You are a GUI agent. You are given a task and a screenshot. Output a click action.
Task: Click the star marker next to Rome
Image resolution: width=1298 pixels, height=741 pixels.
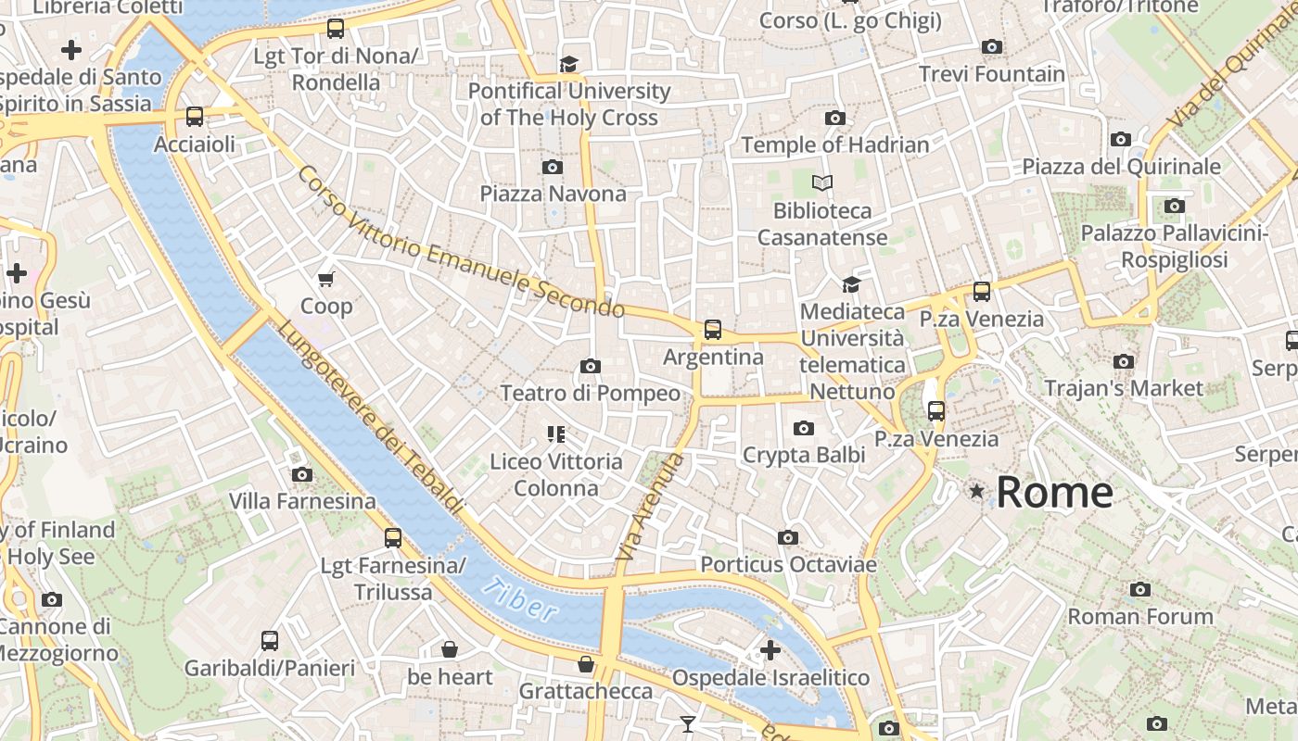tap(976, 491)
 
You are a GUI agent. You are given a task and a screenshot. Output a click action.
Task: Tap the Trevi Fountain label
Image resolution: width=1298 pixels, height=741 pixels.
tap(991, 74)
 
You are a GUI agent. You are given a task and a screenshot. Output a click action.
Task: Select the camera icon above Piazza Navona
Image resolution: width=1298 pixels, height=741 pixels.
tap(553, 167)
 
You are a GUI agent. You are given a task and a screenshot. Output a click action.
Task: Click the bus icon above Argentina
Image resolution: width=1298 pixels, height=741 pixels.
tap(712, 329)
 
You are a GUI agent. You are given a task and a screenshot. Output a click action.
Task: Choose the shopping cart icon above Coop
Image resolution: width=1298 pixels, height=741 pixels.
tap(325, 279)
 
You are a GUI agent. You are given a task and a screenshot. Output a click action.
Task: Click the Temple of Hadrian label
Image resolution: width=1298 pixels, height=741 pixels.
tap(834, 144)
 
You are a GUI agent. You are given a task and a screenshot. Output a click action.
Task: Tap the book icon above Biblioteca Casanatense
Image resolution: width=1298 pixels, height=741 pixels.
tap(822, 182)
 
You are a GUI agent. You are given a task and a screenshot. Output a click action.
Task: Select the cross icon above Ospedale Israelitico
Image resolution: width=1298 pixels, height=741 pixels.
tap(770, 649)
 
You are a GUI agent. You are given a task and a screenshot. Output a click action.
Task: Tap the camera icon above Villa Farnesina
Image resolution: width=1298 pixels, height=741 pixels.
tap(301, 474)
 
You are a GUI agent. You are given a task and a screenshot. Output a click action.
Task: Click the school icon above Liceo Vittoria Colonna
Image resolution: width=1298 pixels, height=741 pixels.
tap(556, 433)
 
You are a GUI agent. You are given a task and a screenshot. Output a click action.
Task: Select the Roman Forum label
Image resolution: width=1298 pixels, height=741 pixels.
tap(1139, 616)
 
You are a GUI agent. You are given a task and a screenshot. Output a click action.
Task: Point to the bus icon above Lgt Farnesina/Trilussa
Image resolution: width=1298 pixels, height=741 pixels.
tap(393, 537)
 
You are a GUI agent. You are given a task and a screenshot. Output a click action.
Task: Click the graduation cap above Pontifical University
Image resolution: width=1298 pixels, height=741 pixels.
tap(568, 63)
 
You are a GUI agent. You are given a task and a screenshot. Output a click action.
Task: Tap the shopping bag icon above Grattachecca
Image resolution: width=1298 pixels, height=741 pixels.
tap(585, 664)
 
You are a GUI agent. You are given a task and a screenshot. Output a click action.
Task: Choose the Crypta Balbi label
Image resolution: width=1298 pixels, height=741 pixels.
tap(803, 455)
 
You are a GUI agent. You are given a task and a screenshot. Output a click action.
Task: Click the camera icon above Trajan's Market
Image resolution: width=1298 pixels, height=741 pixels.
tap(1124, 361)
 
